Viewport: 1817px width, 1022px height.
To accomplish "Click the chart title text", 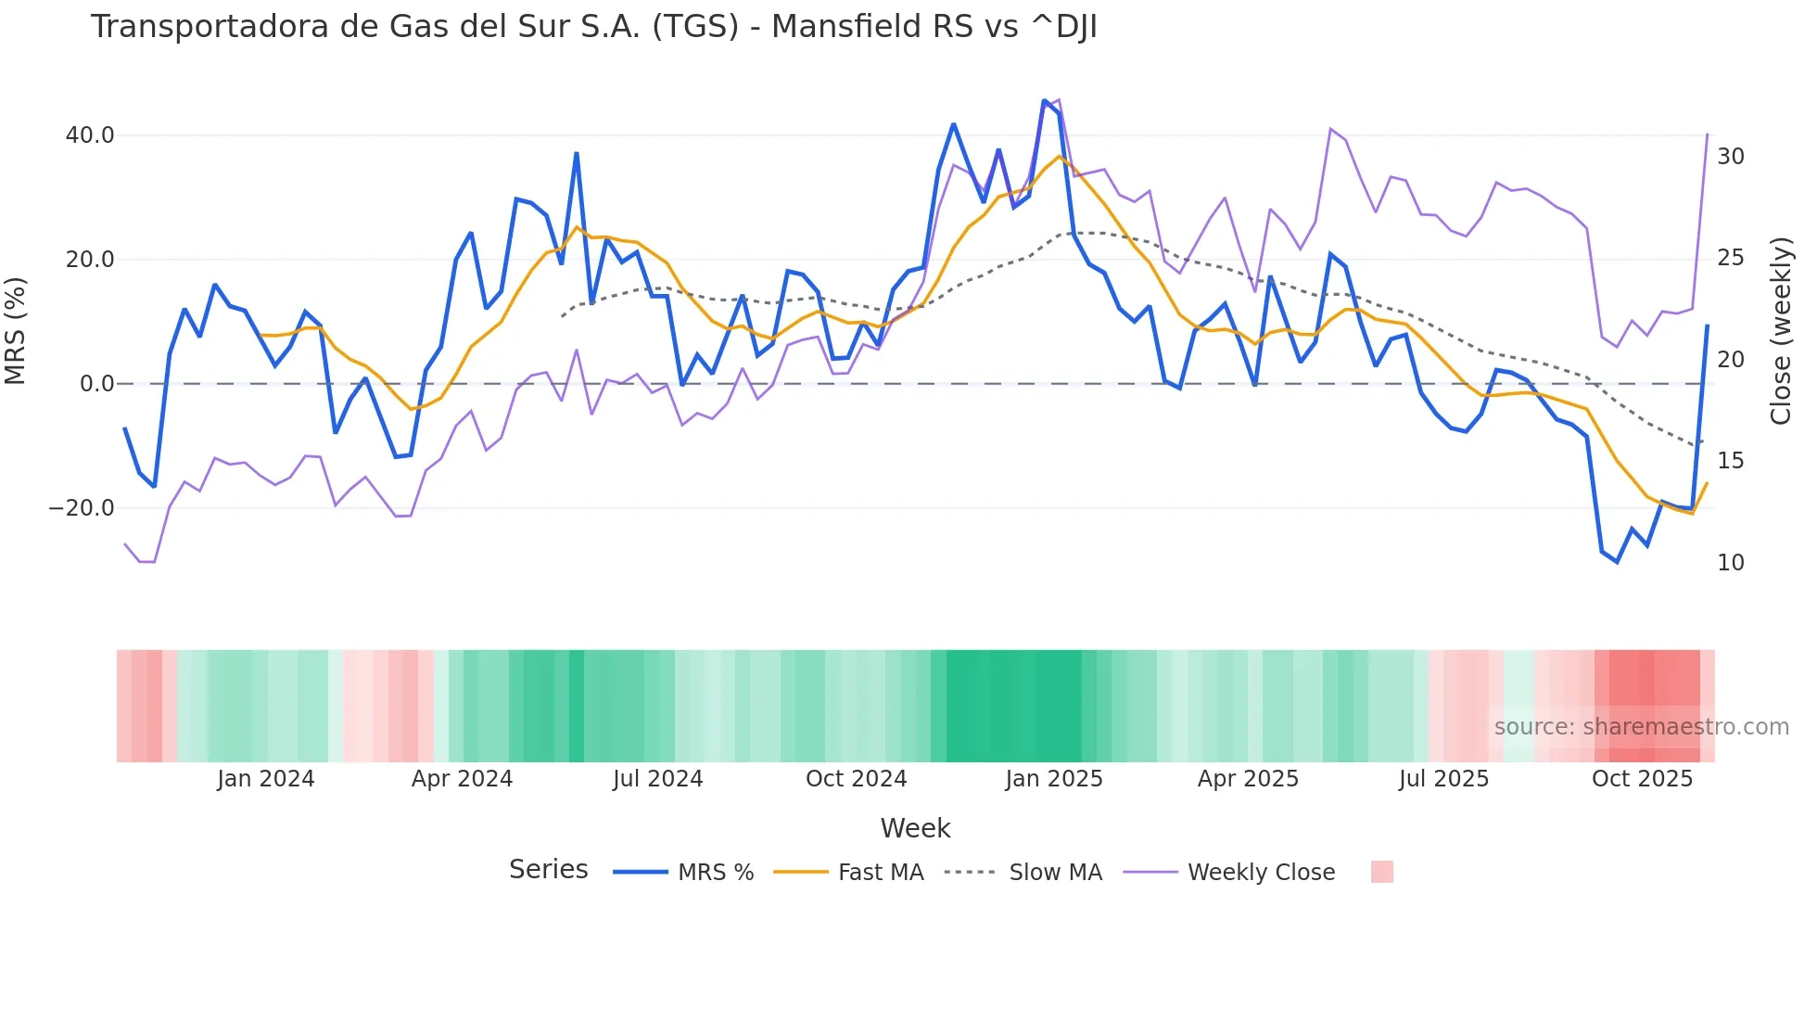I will pos(593,27).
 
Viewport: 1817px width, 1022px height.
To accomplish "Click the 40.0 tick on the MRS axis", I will pos(90,135).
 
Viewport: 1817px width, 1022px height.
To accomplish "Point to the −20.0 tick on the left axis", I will pos(82,508).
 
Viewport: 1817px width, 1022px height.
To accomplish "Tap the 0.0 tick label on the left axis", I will pos(97,384).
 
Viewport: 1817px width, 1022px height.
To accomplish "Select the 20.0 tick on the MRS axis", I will pos(90,260).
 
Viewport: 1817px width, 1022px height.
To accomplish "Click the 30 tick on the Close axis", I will pos(1730,157).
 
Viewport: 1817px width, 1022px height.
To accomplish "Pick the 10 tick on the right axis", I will pos(1730,563).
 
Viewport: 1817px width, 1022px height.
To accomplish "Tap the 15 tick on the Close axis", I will pos(1730,461).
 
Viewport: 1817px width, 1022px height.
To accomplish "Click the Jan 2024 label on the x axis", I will pos(266,779).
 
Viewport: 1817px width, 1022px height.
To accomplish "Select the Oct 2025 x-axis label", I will pos(1642,779).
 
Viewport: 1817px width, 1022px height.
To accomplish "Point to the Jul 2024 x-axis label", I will pos(657,779).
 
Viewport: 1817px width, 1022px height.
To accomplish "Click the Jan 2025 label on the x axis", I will pos(1054,779).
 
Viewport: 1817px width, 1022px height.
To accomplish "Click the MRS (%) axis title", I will pos(16,330).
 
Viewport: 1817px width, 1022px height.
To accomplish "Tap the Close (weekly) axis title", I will pos(1781,331).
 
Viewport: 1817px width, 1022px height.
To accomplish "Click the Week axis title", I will pos(915,828).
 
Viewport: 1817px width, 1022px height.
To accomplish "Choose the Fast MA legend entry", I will pos(880,873).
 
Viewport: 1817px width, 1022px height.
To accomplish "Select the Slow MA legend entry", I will pos(1055,873).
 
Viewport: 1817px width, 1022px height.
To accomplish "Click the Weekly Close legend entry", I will pos(1261,873).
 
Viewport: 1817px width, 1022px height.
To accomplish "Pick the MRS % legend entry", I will pos(715,873).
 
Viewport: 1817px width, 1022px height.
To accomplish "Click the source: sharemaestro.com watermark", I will pos(1641,727).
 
